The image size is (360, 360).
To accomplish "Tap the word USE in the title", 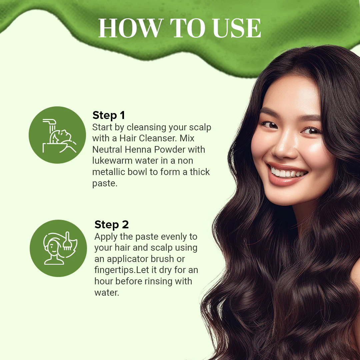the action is [237, 28].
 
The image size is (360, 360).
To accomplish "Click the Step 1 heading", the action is [109, 115].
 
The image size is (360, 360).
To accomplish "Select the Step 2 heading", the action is [112, 225].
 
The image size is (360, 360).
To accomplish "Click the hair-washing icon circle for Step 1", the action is [57, 135].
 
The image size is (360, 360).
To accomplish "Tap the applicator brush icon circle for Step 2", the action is [58, 248].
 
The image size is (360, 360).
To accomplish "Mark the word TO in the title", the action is [187, 28].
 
